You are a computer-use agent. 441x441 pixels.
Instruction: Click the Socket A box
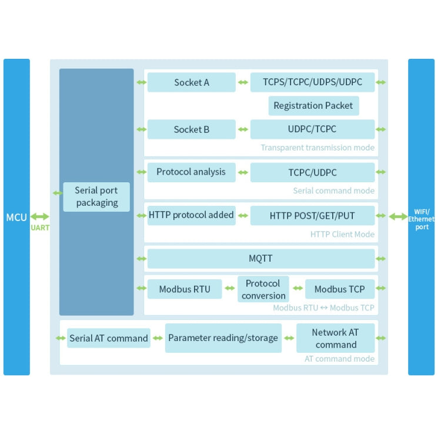pyautogui.click(x=191, y=82)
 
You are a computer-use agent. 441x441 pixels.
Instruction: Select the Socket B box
pyautogui.click(x=191, y=129)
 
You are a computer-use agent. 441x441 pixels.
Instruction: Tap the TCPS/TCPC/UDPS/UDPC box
pyautogui.click(x=312, y=82)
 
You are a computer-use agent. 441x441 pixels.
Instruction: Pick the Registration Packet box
pyautogui.click(x=313, y=106)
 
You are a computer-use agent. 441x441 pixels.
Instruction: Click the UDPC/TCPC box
pyautogui.click(x=312, y=129)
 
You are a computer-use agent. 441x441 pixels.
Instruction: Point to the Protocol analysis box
pyautogui.click(x=191, y=172)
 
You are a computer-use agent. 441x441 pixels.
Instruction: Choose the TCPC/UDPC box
pyautogui.click(x=312, y=173)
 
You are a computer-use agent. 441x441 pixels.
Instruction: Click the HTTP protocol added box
pyautogui.click(x=191, y=215)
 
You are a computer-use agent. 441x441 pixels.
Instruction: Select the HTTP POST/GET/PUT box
pyautogui.click(x=312, y=216)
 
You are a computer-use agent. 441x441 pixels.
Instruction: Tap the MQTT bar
pyautogui.click(x=260, y=259)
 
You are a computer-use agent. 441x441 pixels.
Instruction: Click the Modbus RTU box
pyautogui.click(x=185, y=289)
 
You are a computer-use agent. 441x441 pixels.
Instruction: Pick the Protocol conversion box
pyautogui.click(x=263, y=289)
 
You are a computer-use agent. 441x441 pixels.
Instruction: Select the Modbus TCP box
pyautogui.click(x=339, y=289)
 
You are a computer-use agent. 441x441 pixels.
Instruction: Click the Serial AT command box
pyautogui.click(x=109, y=338)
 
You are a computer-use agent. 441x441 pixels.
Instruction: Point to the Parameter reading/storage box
pyautogui.click(x=223, y=338)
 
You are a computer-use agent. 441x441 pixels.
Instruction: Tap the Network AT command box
pyautogui.click(x=336, y=338)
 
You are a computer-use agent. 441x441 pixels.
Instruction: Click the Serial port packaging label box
pyautogui.click(x=96, y=197)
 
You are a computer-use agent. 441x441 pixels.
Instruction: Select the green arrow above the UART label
pyautogui.click(x=40, y=217)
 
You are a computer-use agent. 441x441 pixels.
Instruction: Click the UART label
pyautogui.click(x=40, y=228)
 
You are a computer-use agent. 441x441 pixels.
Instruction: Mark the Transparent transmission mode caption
pyautogui.click(x=318, y=148)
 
